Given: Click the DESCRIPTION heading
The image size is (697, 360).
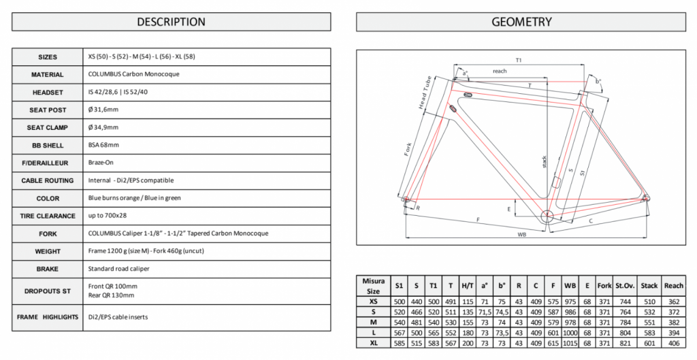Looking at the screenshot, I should tap(171, 22).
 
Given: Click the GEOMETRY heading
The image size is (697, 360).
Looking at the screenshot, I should tap(521, 22).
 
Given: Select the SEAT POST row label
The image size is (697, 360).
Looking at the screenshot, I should tap(47, 110).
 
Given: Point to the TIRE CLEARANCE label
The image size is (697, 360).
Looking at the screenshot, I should tap(47, 216).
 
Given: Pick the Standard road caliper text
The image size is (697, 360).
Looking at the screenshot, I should tap(119, 269).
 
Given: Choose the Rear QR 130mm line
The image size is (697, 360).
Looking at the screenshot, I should tap(113, 295).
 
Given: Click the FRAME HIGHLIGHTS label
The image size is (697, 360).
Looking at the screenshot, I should tap(47, 317).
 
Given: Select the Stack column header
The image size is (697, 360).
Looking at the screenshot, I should tap(649, 286).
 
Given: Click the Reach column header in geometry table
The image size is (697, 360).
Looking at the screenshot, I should tap(674, 286).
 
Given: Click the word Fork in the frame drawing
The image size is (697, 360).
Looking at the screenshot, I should tap(409, 149).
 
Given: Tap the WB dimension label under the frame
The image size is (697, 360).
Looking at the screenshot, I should tap(521, 235).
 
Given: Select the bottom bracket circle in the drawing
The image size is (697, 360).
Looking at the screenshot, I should tap(548, 216).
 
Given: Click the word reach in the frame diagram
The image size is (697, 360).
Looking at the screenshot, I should tap(500, 71).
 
